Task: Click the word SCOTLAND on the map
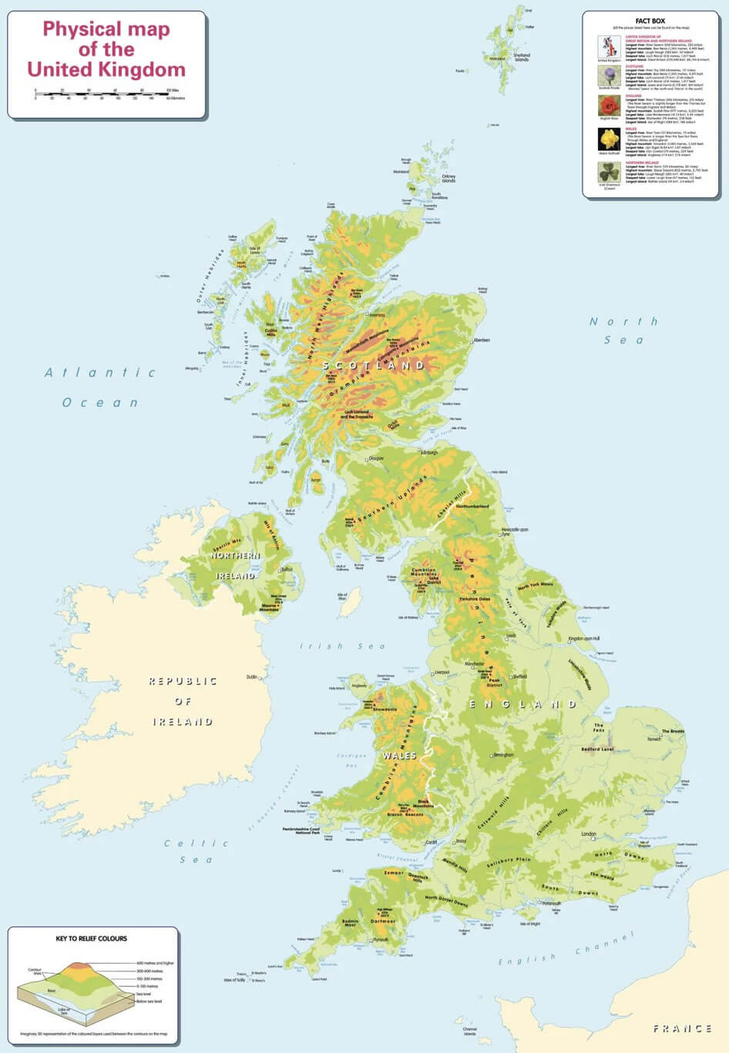pyautogui.click(x=374, y=365)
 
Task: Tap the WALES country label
pyautogui.click(x=399, y=756)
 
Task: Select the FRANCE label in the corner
pyautogui.click(x=682, y=1028)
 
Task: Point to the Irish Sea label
pyautogui.click(x=342, y=646)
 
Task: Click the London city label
pyautogui.click(x=589, y=834)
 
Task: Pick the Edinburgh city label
pyautogui.click(x=428, y=453)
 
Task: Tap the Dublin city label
pyautogui.click(x=252, y=677)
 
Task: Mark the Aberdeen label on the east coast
pyautogui.click(x=481, y=340)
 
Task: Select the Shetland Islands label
pyautogui.click(x=522, y=57)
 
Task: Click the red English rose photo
pyautogui.click(x=610, y=106)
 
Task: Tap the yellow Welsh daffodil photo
pyautogui.click(x=610, y=139)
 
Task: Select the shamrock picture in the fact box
pyautogui.click(x=610, y=172)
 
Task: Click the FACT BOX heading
pyautogui.click(x=650, y=21)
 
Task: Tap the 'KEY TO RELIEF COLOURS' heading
pyautogui.click(x=92, y=938)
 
